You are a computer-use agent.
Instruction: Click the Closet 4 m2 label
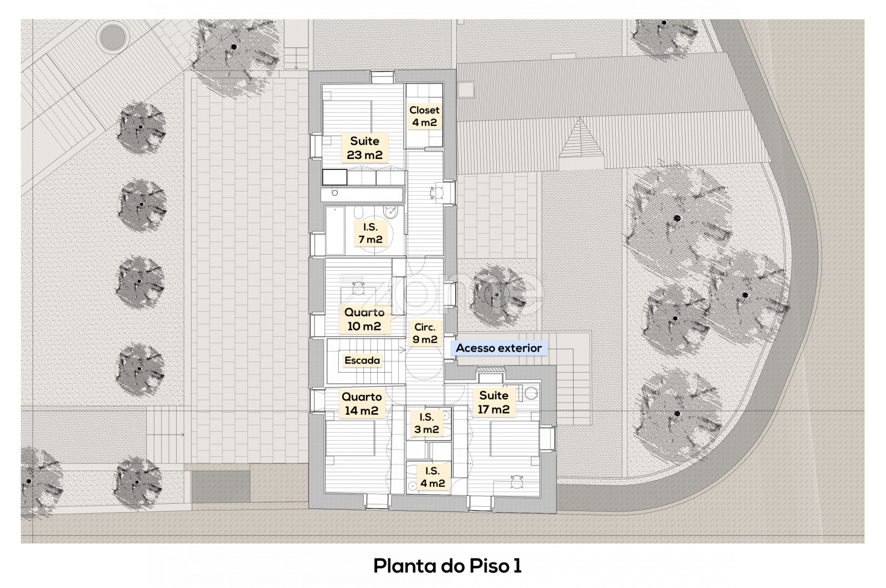click(424, 116)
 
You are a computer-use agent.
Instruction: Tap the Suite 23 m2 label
click(364, 148)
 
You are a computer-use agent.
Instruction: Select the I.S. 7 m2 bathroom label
click(370, 233)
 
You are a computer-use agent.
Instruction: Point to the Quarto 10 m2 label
click(364, 319)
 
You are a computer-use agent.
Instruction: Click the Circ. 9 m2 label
click(425, 333)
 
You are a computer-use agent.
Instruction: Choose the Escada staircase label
click(362, 360)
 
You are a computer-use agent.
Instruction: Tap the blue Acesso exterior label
click(499, 348)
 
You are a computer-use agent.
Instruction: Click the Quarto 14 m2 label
click(362, 404)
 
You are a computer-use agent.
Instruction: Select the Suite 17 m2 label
click(493, 402)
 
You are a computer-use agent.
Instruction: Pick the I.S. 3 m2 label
click(426, 423)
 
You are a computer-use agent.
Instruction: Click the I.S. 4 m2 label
click(432, 477)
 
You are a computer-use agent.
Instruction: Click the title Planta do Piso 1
click(447, 566)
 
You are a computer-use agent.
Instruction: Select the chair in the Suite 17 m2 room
click(515, 482)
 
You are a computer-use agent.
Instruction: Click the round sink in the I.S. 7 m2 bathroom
click(390, 213)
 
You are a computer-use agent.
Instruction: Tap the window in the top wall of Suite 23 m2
click(383, 77)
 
